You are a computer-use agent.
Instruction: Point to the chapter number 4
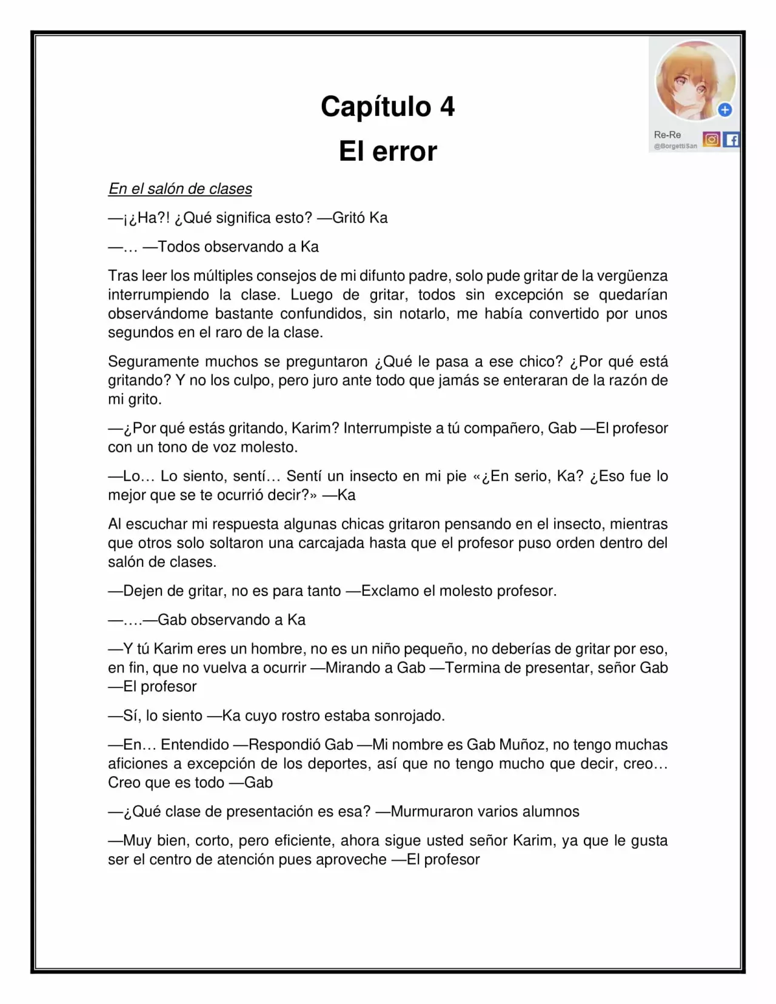[447, 107]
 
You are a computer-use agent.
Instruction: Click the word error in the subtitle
[404, 151]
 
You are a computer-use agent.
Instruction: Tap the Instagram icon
[712, 140]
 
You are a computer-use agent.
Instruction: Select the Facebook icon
[732, 140]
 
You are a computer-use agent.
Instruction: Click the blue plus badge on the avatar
[724, 110]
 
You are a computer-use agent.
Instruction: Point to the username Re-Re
[667, 135]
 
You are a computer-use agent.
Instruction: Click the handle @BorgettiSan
[675, 147]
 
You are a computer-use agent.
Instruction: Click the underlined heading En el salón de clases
[180, 189]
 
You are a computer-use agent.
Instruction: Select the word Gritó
[349, 218]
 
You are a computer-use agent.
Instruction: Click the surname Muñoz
[521, 745]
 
